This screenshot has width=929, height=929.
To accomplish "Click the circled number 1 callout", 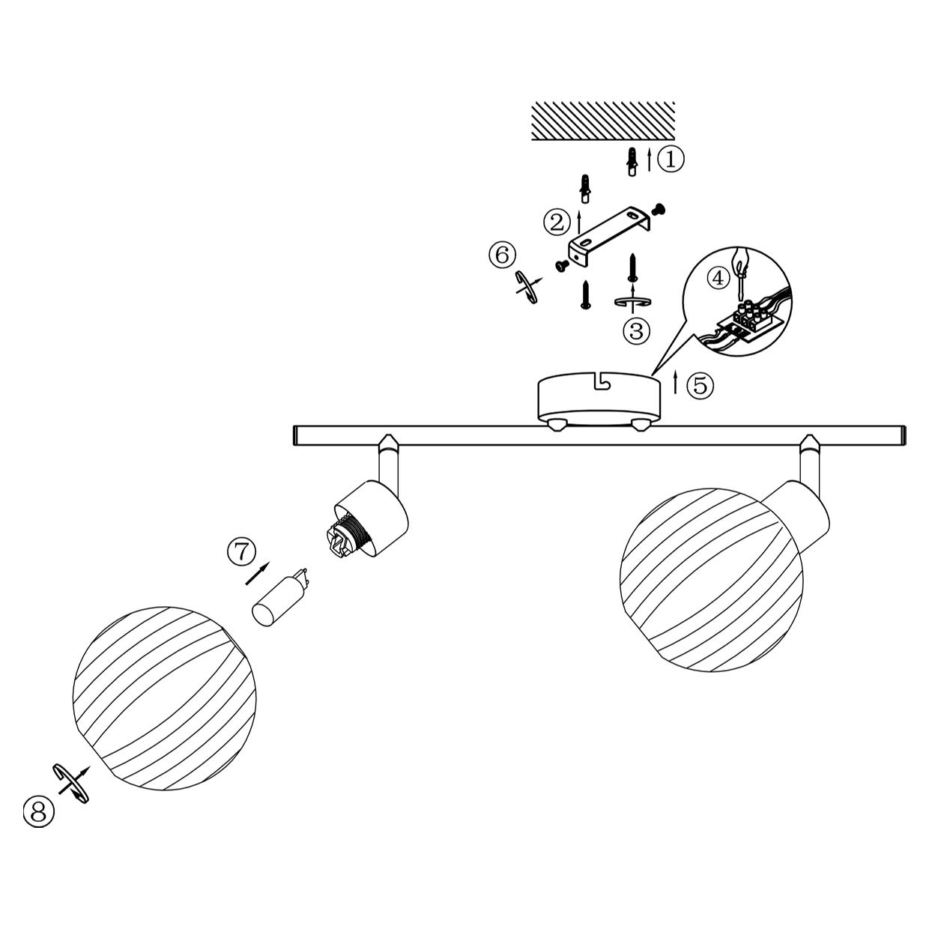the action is (x=671, y=159).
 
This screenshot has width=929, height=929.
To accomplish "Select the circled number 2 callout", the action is (x=557, y=223).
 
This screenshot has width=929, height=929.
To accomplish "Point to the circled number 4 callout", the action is (x=718, y=278).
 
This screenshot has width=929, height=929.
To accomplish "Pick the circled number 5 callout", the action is (x=700, y=385).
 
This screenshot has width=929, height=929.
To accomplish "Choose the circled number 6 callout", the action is (x=503, y=254).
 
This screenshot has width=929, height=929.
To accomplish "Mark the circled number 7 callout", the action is (x=241, y=551).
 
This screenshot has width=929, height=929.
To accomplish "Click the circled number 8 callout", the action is (x=38, y=811).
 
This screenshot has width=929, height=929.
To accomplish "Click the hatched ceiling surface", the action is (x=602, y=121).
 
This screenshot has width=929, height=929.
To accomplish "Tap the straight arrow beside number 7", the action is (x=258, y=574).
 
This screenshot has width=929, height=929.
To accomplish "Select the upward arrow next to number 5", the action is (x=676, y=382).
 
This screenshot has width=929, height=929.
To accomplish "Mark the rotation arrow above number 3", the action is (x=632, y=301).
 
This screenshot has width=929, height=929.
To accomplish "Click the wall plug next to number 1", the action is (x=632, y=162).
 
